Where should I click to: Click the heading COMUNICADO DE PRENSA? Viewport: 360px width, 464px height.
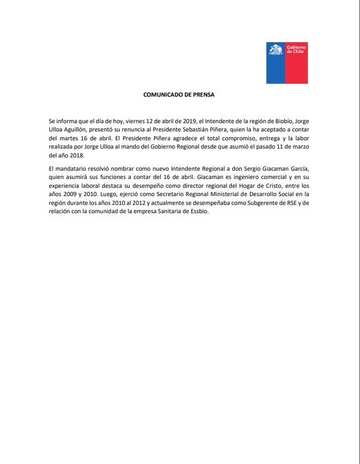point(179,94)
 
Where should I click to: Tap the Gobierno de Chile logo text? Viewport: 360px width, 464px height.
point(296,50)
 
